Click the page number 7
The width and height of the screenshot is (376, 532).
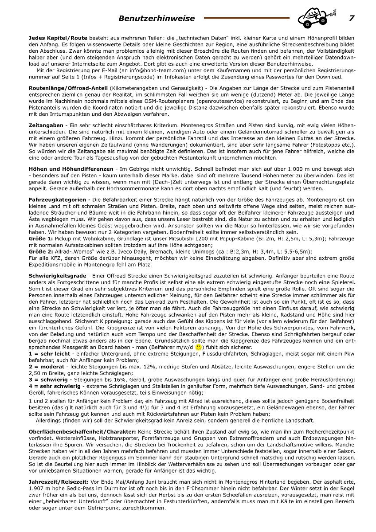tap(352, 18)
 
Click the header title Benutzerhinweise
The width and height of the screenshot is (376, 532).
tap(157, 19)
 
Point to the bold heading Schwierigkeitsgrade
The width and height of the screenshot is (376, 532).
tap(57, 275)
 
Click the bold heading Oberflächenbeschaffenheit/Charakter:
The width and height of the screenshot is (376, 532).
tap(82, 431)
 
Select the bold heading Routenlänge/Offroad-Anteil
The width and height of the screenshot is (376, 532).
tap(68, 88)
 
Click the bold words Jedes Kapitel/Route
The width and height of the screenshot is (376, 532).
tap(58, 38)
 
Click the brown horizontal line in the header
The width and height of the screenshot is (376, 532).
tap(247, 18)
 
